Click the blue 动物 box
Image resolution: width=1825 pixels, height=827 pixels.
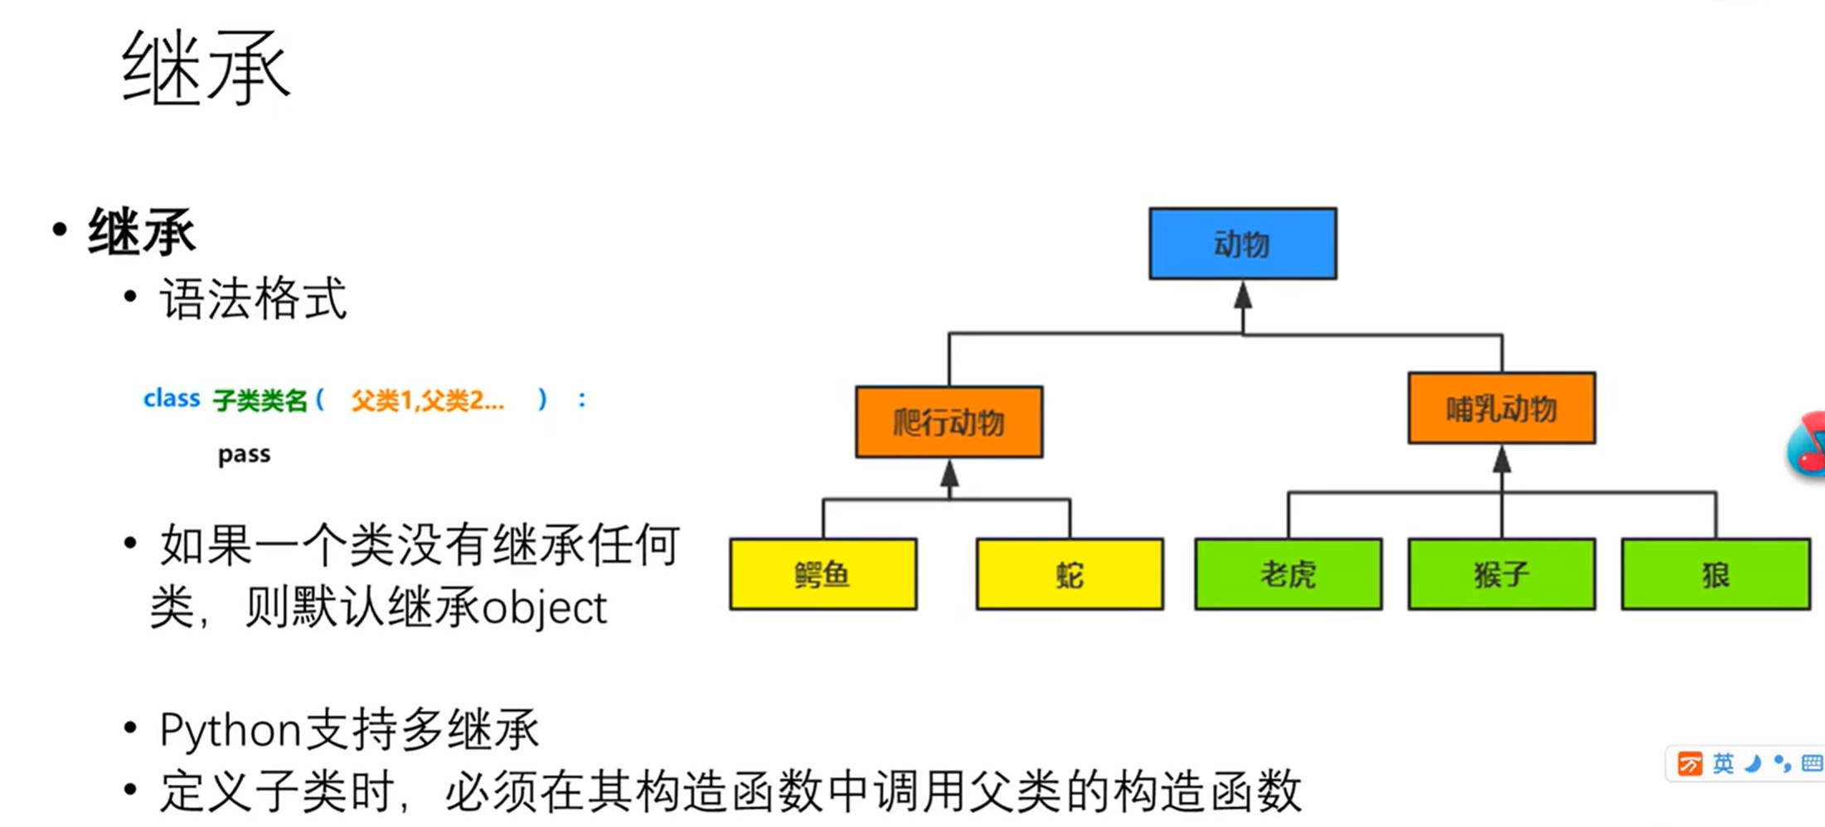[x=1242, y=244]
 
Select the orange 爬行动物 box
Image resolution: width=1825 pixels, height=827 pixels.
[x=949, y=422]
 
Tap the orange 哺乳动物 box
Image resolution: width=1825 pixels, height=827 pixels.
[x=1501, y=409]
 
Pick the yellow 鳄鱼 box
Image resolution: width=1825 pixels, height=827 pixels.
[x=823, y=574]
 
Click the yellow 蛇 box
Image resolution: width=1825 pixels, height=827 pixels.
[x=1070, y=574]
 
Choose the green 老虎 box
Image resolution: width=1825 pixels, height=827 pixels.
[x=1288, y=574]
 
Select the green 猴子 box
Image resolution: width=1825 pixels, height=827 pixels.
[x=1501, y=574]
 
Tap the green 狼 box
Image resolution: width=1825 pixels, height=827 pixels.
[x=1715, y=574]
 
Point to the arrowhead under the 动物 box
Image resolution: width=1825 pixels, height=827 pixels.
[x=1242, y=295]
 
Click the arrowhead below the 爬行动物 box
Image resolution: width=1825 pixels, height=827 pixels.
[x=949, y=474]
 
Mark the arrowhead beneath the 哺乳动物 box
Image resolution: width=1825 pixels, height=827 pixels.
[x=1502, y=460]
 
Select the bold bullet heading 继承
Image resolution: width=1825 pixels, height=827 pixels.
[x=142, y=231]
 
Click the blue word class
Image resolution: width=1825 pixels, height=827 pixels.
[x=172, y=399]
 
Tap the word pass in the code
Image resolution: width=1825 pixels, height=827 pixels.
[x=244, y=454]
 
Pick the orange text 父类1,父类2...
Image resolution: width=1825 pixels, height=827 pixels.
[x=426, y=401]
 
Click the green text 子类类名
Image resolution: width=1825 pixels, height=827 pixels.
[x=260, y=401]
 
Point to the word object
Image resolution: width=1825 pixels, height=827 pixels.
[x=544, y=609]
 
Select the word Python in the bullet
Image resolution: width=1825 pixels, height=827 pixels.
[x=230, y=731]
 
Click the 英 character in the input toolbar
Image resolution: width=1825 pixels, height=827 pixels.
[x=1722, y=763]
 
